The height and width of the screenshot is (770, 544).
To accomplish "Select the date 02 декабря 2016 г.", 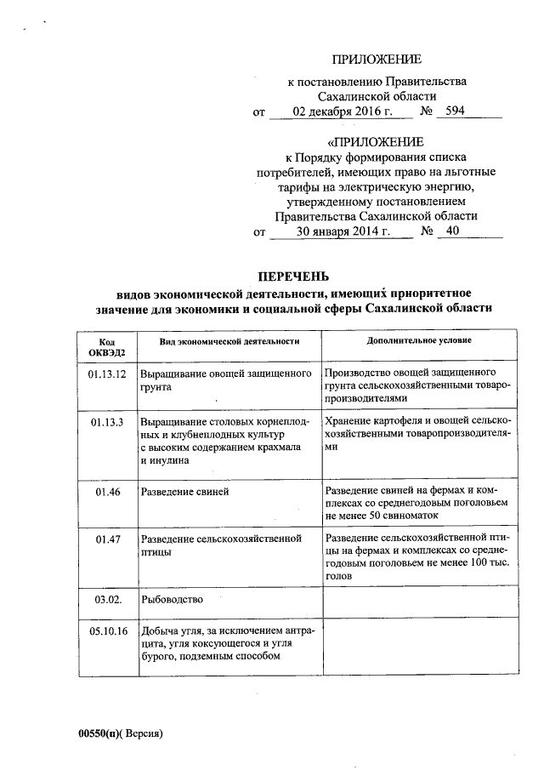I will [x=343, y=111].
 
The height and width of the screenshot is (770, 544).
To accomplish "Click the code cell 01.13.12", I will [x=107, y=374].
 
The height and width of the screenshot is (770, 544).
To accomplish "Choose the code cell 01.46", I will [x=107, y=492].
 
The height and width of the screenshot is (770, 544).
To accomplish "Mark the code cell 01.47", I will [x=107, y=539].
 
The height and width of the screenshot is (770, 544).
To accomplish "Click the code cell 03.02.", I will [x=107, y=599].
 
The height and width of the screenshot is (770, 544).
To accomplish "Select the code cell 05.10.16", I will [x=107, y=631].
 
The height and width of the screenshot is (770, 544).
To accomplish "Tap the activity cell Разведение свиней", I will [x=184, y=492].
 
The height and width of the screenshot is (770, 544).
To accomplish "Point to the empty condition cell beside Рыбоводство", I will [x=420, y=602].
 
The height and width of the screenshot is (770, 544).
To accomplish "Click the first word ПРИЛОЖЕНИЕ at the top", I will [x=377, y=60].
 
